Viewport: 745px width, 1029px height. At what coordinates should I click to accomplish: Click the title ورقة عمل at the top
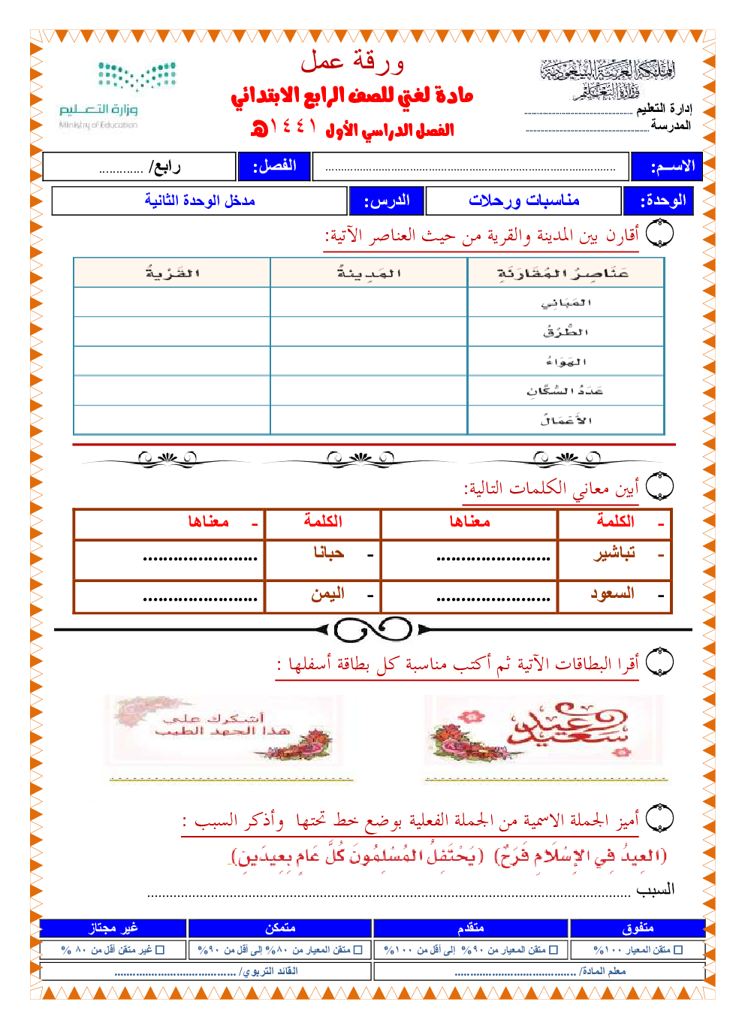[352, 62]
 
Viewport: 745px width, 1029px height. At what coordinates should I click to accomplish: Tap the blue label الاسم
[666, 167]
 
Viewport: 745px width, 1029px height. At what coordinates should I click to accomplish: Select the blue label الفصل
[274, 166]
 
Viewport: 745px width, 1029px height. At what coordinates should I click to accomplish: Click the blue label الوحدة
[659, 201]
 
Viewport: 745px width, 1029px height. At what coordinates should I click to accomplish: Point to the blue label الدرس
[386, 201]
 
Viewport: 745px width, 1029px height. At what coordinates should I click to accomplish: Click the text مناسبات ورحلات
[523, 201]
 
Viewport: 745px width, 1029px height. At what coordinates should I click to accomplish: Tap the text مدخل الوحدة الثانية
[200, 201]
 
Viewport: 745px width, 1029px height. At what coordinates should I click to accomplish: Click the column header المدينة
[369, 273]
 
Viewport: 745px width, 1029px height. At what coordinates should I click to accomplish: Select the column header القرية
[172, 273]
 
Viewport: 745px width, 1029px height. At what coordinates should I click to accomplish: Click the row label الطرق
[566, 332]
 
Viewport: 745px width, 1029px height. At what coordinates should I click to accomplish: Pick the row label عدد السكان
[565, 391]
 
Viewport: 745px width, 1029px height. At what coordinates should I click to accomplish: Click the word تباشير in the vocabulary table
[614, 554]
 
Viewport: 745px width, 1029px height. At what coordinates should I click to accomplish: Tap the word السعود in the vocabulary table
[612, 593]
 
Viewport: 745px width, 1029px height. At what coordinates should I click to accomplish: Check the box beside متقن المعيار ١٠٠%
[679, 950]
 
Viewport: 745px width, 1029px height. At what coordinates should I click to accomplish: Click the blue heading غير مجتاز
[113, 928]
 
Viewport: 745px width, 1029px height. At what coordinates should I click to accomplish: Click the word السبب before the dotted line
[655, 889]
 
